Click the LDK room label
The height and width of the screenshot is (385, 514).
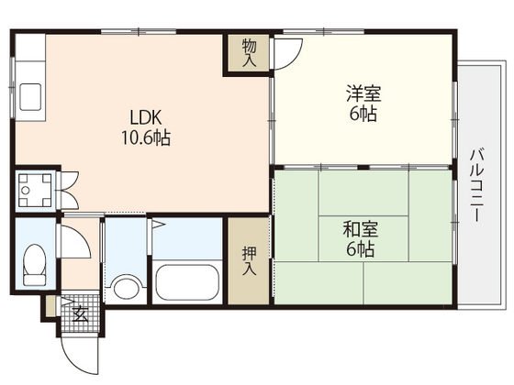click(x=146, y=119)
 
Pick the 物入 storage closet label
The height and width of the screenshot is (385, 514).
click(x=248, y=52)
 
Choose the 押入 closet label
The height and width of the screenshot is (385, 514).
click(x=249, y=260)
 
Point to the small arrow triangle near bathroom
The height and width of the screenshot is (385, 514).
click(x=158, y=223)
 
